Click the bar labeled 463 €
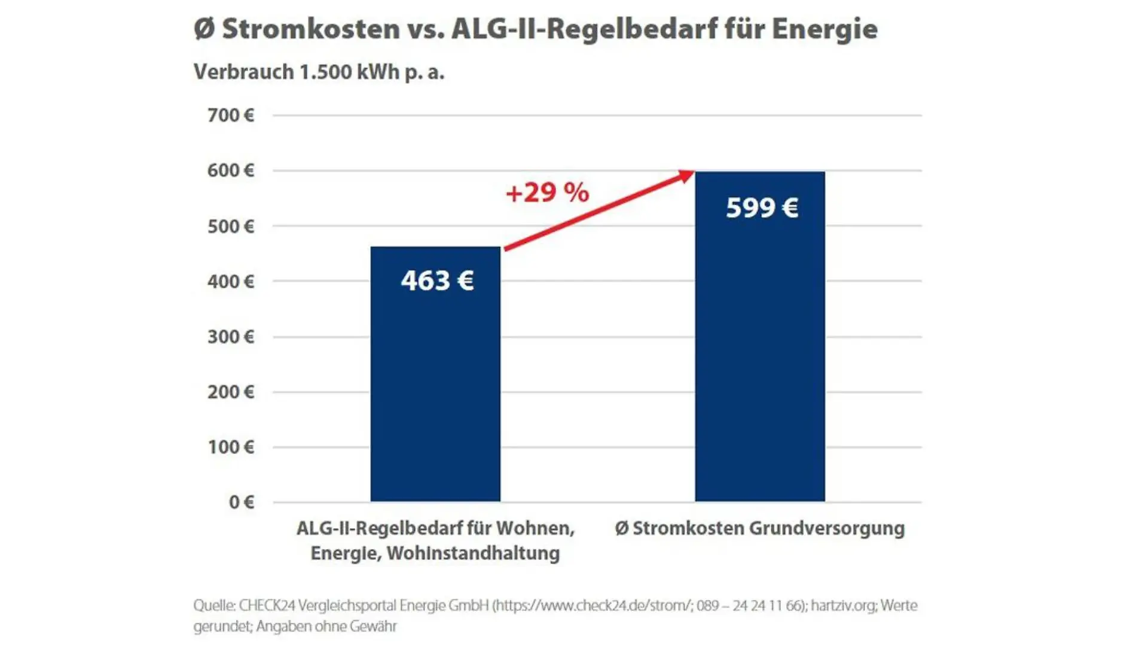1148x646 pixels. (x=435, y=374)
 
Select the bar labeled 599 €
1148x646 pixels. (x=760, y=336)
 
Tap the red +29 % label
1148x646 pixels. (x=548, y=193)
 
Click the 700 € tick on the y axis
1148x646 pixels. (x=231, y=115)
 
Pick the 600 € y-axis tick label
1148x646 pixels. (x=231, y=170)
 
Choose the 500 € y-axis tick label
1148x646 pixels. (x=231, y=226)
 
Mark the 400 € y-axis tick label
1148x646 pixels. (x=231, y=281)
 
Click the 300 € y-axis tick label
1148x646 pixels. (x=231, y=337)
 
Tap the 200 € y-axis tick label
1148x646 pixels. (x=231, y=392)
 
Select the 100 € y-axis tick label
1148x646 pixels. (x=231, y=447)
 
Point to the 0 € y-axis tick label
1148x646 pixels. (x=242, y=502)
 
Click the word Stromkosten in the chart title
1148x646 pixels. (x=311, y=29)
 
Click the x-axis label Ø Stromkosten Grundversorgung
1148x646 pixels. (x=760, y=529)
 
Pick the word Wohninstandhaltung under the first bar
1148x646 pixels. (x=473, y=553)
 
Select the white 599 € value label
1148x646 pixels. (x=762, y=208)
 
